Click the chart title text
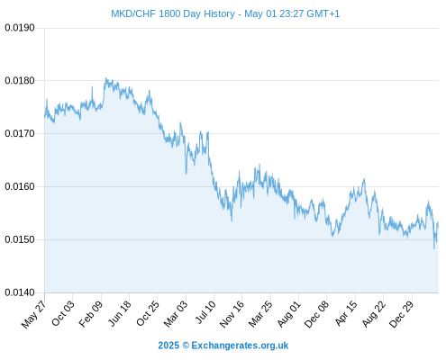click(x=225, y=13)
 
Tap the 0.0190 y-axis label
click(x=20, y=28)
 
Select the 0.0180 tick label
click(x=20, y=81)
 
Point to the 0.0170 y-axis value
click(x=20, y=133)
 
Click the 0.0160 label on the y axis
click(x=20, y=186)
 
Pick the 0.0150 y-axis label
click(x=20, y=239)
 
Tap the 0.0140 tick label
click(x=20, y=292)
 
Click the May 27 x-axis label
click(x=33, y=314)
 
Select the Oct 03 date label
click(x=62, y=313)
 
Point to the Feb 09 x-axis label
click(x=90, y=313)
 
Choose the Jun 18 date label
click(x=119, y=313)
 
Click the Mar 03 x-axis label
click(x=176, y=313)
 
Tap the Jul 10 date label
click(x=205, y=312)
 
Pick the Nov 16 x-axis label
click(x=232, y=314)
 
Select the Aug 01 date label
click(x=288, y=314)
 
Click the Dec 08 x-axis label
click(x=316, y=314)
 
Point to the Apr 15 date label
click(x=346, y=313)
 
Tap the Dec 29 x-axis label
click(x=401, y=314)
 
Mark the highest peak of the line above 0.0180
click(x=105, y=78)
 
